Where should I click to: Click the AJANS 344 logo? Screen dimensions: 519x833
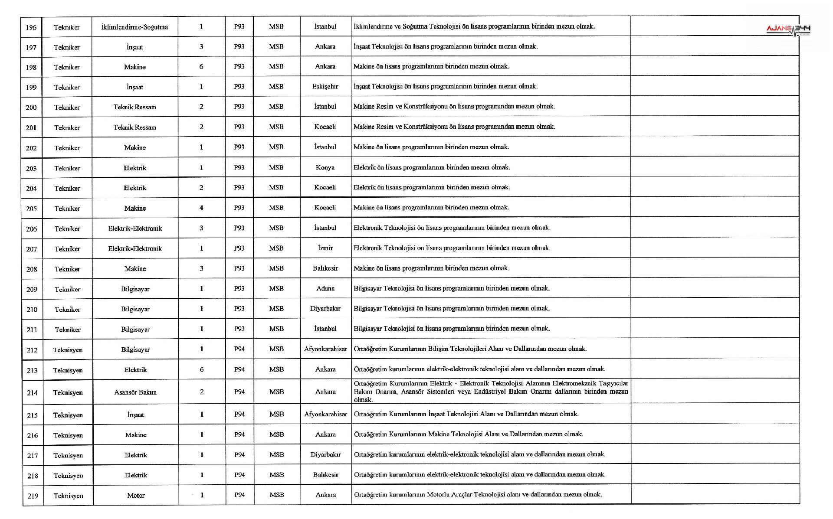tap(788, 29)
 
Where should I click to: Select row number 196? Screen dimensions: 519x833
tap(31, 27)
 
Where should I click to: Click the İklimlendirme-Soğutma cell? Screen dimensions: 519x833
tap(134, 27)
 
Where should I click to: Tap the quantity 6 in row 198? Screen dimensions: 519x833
tap(201, 66)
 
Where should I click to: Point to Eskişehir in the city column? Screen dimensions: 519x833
tap(325, 86)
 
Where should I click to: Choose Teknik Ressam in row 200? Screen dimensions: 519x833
tap(134, 107)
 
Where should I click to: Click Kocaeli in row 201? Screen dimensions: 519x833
tap(325, 127)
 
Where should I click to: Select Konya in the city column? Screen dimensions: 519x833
tap(325, 167)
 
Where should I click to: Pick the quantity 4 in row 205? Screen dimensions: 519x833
tap(201, 208)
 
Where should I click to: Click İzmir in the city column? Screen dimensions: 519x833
tap(325, 248)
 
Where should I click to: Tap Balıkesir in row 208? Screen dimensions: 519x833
tap(325, 268)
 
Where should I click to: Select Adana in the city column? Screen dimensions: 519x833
tap(325, 288)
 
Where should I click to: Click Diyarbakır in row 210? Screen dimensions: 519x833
tap(325, 309)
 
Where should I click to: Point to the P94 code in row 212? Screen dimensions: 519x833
tap(239, 349)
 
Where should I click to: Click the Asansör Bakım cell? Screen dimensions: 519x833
tap(135, 392)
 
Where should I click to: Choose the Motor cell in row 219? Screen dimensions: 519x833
tap(136, 496)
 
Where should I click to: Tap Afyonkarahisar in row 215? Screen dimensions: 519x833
tap(325, 414)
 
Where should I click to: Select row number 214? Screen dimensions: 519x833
tap(32, 393)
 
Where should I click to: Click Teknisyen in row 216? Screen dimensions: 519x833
tap(68, 435)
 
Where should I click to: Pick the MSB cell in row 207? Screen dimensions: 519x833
tap(276, 248)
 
